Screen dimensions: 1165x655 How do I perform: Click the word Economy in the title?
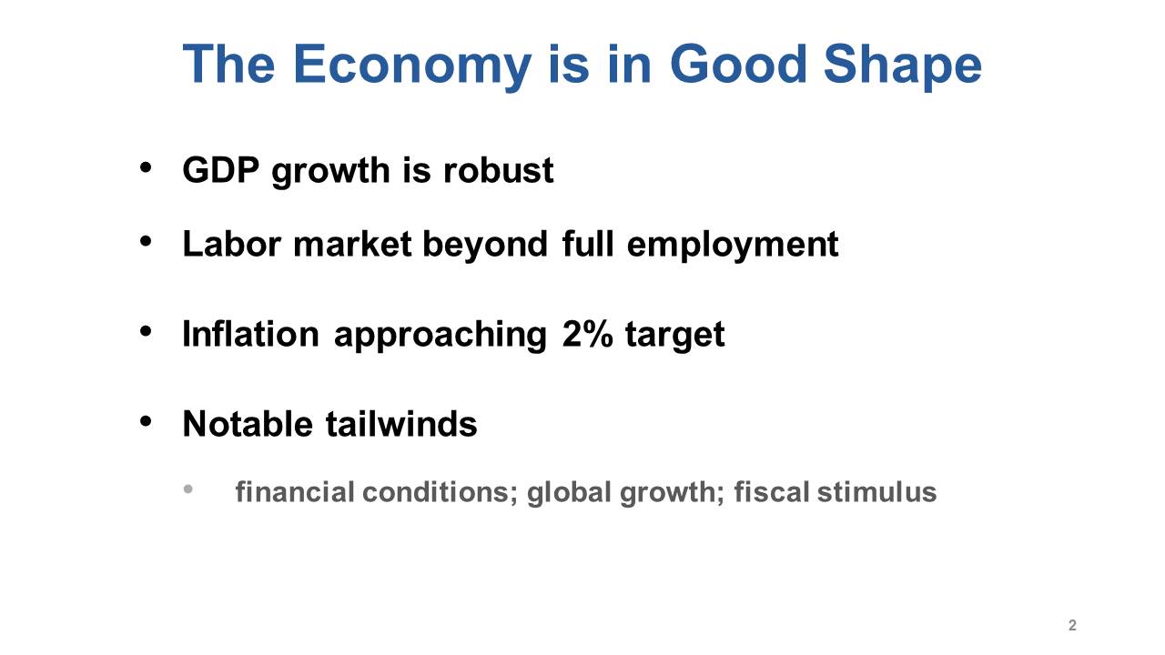click(x=412, y=66)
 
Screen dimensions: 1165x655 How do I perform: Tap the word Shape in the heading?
click(x=903, y=65)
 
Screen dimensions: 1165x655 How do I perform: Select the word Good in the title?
click(x=738, y=65)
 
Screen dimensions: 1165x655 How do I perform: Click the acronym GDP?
click(x=220, y=170)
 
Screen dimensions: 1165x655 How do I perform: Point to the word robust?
click(x=498, y=170)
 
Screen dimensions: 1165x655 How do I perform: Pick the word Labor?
click(x=231, y=244)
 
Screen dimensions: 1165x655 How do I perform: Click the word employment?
click(x=733, y=246)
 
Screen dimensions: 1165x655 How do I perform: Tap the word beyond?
click(x=485, y=246)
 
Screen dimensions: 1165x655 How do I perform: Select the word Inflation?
click(x=250, y=334)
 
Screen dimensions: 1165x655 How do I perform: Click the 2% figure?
click(x=587, y=334)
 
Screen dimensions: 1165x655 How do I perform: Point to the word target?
click(x=674, y=336)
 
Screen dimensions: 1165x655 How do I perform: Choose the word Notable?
click(x=248, y=424)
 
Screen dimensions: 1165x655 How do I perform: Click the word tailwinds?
click(x=401, y=424)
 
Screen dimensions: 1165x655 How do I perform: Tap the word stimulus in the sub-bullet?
click(x=876, y=492)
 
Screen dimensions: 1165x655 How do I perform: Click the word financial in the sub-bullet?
click(x=294, y=492)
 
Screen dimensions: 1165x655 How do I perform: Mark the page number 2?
click(x=1072, y=625)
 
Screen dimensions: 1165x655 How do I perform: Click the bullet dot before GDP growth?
click(x=146, y=168)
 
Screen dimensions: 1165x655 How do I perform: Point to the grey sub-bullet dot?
click(x=188, y=489)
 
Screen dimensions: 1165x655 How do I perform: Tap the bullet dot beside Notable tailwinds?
click(x=146, y=421)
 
